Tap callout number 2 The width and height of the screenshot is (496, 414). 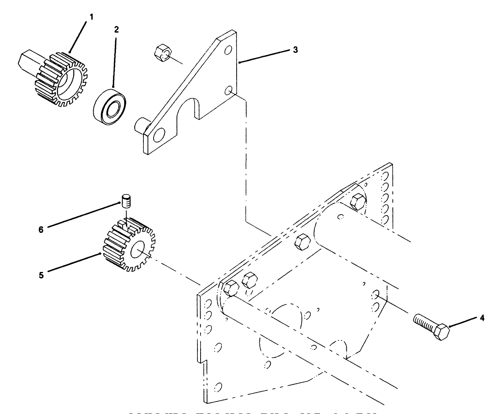(x=117, y=29)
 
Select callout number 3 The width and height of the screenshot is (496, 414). (x=295, y=50)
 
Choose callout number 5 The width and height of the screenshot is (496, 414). (x=42, y=275)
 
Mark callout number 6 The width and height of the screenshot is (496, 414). (x=41, y=230)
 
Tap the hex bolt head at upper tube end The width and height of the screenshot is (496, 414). (x=358, y=202)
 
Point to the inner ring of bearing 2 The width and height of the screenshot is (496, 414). (x=114, y=107)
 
